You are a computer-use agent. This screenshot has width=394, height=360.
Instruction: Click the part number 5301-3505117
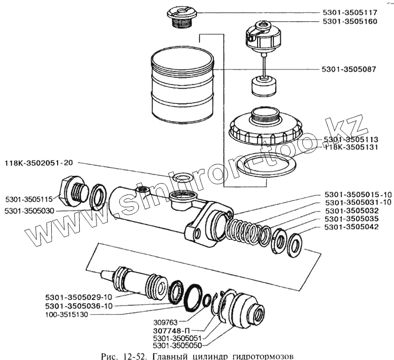350,13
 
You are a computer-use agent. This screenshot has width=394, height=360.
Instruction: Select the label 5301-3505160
350,22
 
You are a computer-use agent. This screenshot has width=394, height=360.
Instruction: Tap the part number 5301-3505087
350,69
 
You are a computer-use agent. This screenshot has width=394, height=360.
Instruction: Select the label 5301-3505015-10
352,195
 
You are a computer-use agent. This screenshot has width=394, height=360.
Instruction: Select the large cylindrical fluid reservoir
182,89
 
